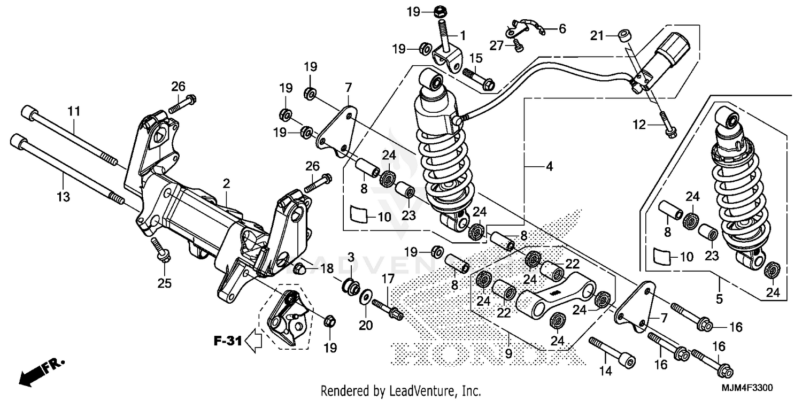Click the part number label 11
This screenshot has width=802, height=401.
pos(74,111)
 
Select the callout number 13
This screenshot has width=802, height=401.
pos(63,197)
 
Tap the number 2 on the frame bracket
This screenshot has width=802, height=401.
pos(226,183)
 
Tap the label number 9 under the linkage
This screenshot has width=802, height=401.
pos(508,353)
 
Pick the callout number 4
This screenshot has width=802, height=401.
pos(549,167)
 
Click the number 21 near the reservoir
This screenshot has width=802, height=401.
pos(597,36)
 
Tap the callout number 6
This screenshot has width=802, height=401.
pos(562,29)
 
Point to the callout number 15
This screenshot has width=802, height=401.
pos(476,58)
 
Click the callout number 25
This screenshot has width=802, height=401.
pos(165,283)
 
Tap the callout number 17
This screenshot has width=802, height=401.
pos(388,278)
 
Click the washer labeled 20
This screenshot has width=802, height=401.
pos(366,296)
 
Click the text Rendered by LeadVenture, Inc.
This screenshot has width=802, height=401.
pos(400,390)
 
